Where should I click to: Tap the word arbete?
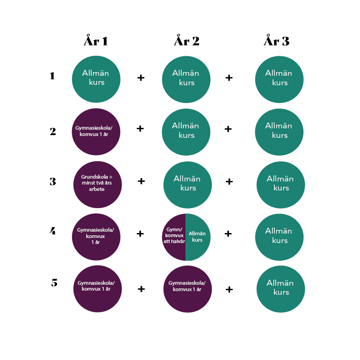point(97,189)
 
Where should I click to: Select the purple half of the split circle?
point(174,237)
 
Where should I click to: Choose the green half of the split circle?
point(198,237)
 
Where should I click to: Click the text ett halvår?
point(174,242)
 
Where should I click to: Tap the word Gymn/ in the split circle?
point(174,229)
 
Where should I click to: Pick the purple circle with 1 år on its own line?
point(96,237)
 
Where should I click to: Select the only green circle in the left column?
point(96,79)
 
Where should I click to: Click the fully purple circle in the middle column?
point(187,289)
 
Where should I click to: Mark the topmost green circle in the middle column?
point(186,79)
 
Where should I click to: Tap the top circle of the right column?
point(279,79)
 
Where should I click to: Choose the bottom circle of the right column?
point(281,289)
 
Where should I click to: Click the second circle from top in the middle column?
point(186,132)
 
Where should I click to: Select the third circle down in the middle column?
point(187,185)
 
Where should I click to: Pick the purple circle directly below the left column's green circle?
point(96,132)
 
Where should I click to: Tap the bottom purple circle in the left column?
point(97,289)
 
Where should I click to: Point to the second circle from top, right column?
point(279,132)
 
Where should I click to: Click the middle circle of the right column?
point(281,185)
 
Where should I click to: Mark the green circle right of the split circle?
point(279,237)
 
